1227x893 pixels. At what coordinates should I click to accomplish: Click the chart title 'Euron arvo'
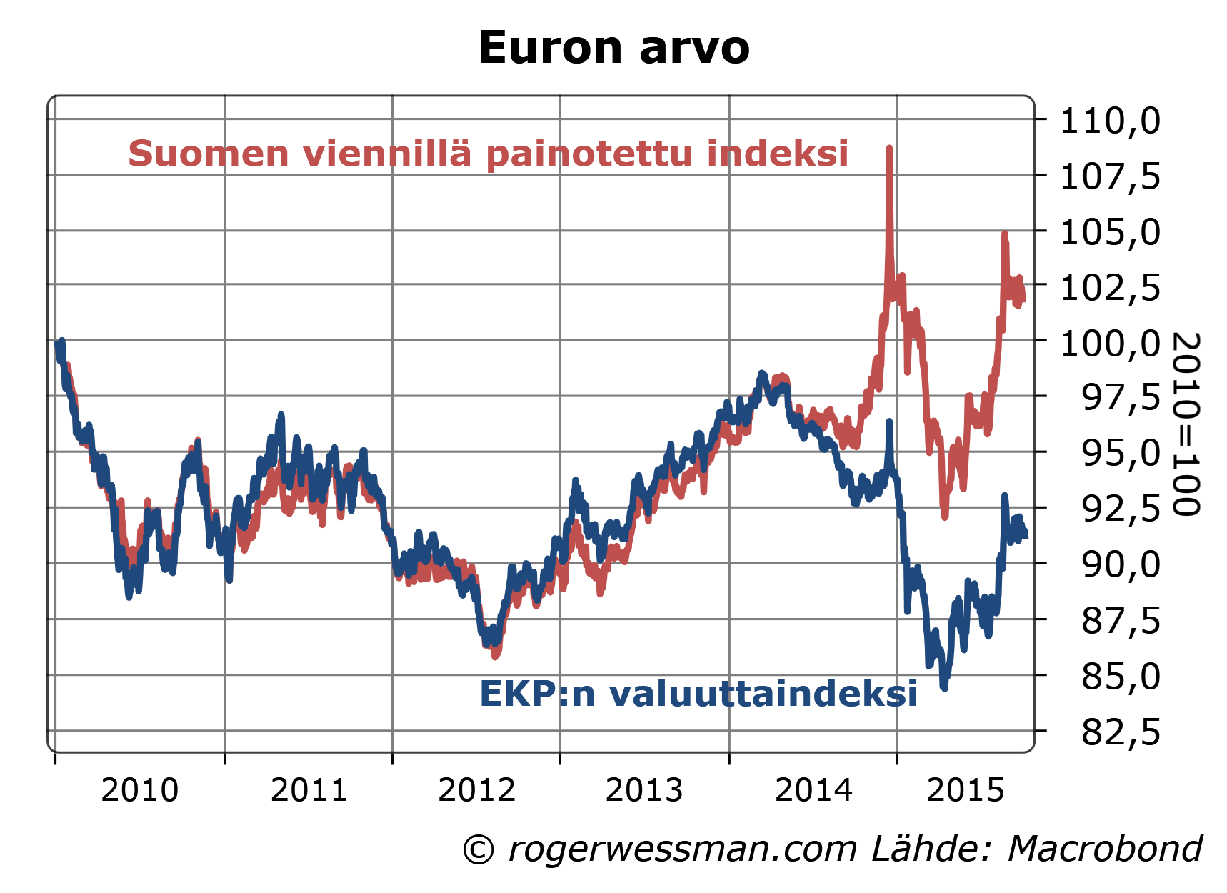tap(613, 49)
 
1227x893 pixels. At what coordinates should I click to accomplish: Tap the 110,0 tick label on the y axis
tap(1110, 121)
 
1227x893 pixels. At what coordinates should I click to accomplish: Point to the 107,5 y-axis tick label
tap(1110, 176)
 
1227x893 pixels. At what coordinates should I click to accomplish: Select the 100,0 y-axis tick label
tap(1110, 344)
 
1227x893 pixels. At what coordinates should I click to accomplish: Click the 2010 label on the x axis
tap(140, 791)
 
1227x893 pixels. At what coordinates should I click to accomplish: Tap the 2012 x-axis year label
tap(476, 791)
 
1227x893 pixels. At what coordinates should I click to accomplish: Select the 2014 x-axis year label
tap(813, 791)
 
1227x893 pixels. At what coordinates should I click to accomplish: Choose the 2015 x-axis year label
tap(966, 791)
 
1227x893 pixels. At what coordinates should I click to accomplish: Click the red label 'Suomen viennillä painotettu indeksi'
tap(489, 154)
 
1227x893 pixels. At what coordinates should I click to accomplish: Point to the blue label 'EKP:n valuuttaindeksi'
tap(698, 694)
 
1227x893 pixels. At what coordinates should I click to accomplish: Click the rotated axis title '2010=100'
tap(1186, 423)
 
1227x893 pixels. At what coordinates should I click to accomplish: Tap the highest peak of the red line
tap(889, 149)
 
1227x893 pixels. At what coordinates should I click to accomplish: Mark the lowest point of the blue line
tap(943, 687)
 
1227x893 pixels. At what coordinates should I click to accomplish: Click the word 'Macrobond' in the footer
tap(1106, 849)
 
